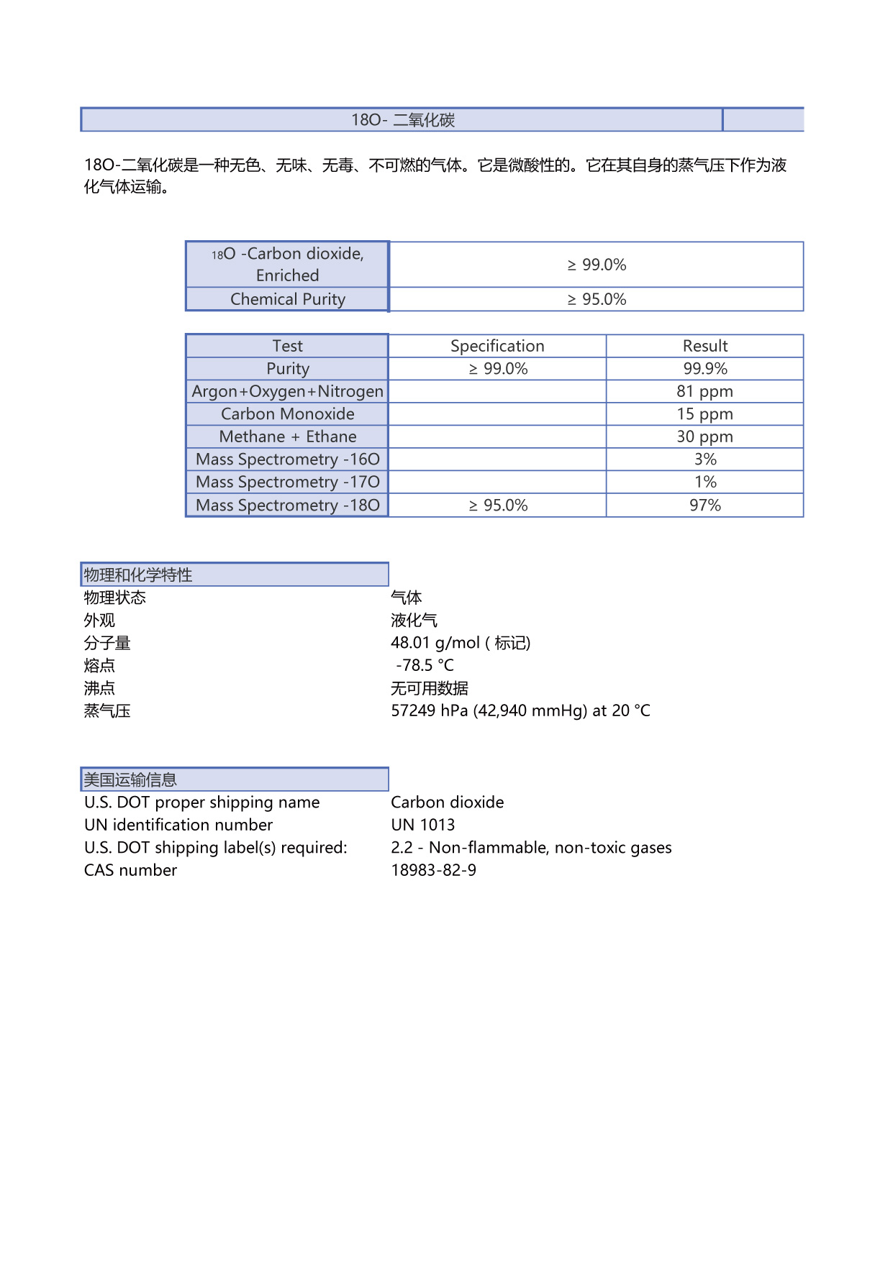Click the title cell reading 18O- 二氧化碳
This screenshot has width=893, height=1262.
tap(402, 120)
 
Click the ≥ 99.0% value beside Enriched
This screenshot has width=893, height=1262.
tap(597, 265)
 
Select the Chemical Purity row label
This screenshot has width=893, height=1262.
tap(287, 299)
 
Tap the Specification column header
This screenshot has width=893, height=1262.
tap(497, 346)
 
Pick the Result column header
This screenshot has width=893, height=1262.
tap(704, 346)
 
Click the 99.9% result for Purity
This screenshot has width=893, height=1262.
tap(704, 369)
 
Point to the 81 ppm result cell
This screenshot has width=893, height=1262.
tap(704, 391)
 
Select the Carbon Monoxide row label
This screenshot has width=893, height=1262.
tap(287, 414)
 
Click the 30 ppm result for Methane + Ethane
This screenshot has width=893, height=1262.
tap(704, 436)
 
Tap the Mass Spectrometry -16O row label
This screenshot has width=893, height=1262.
tap(287, 459)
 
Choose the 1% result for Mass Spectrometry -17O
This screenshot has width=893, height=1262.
tap(704, 482)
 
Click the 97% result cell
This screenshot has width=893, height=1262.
tap(704, 505)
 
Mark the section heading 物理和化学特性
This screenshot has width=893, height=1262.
tap(138, 575)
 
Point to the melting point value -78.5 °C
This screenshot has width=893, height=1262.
tap(425, 665)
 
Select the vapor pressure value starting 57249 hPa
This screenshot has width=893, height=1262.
tap(520, 710)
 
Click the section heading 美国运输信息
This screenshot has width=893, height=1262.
tap(130, 779)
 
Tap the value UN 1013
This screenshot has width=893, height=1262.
tap(423, 825)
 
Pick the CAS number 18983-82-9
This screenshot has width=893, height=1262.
tap(433, 870)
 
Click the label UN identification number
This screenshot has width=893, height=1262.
tap(178, 825)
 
